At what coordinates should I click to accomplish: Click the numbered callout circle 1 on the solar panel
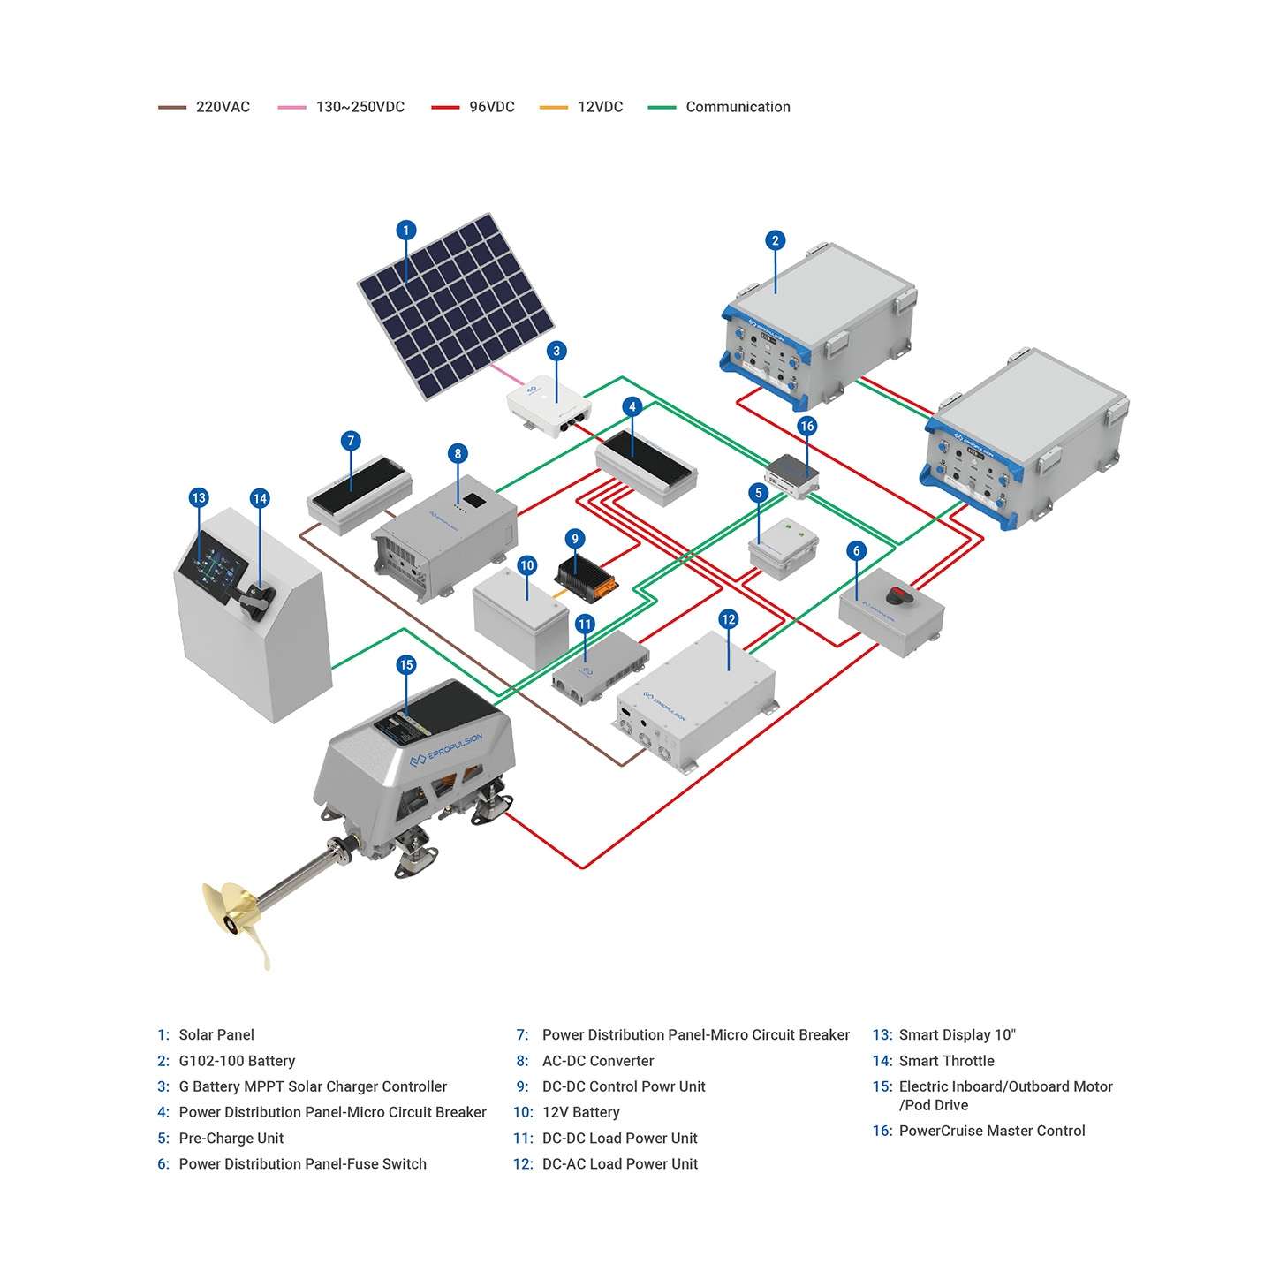click(405, 231)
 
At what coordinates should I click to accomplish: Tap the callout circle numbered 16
click(806, 426)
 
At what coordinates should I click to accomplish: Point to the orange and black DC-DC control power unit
click(587, 575)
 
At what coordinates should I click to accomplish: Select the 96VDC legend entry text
click(491, 107)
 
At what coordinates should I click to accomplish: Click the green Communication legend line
click(662, 107)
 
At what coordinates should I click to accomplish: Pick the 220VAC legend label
click(223, 107)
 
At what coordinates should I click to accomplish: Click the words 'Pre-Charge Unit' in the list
click(231, 1138)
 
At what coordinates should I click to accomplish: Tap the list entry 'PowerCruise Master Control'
click(991, 1131)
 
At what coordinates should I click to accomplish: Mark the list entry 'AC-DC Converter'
click(597, 1061)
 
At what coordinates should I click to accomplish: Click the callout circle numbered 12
click(728, 619)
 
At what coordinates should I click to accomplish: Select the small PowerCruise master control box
click(791, 475)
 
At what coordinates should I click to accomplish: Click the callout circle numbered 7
click(351, 441)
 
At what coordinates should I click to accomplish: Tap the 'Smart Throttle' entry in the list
click(946, 1061)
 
